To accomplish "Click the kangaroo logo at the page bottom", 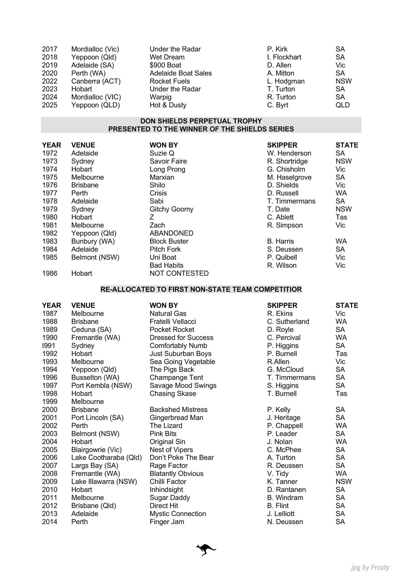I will [206, 550].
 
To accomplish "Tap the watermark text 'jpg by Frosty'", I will [370, 567].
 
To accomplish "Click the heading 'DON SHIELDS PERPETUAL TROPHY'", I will [201, 121].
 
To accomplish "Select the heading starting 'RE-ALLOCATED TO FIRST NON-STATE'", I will [201, 289].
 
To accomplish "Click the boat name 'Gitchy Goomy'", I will [171, 209].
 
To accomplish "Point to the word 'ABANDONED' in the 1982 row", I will [171, 233].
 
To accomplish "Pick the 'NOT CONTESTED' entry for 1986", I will [179, 273].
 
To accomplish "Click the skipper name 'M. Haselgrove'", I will [289, 177].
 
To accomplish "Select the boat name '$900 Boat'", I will [165, 65].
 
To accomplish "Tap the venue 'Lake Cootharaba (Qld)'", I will [106, 458].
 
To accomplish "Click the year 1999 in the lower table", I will [50, 401].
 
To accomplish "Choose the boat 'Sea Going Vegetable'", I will [182, 362].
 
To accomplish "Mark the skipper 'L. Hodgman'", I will [286, 81].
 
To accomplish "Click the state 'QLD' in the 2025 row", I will [343, 105].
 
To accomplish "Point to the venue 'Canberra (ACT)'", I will [96, 81].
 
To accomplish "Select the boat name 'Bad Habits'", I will [166, 265].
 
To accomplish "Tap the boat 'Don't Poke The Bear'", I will [182, 458].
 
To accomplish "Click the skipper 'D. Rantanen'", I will [286, 490].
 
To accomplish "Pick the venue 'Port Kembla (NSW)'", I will [102, 386].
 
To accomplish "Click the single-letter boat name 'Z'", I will [152, 217].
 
